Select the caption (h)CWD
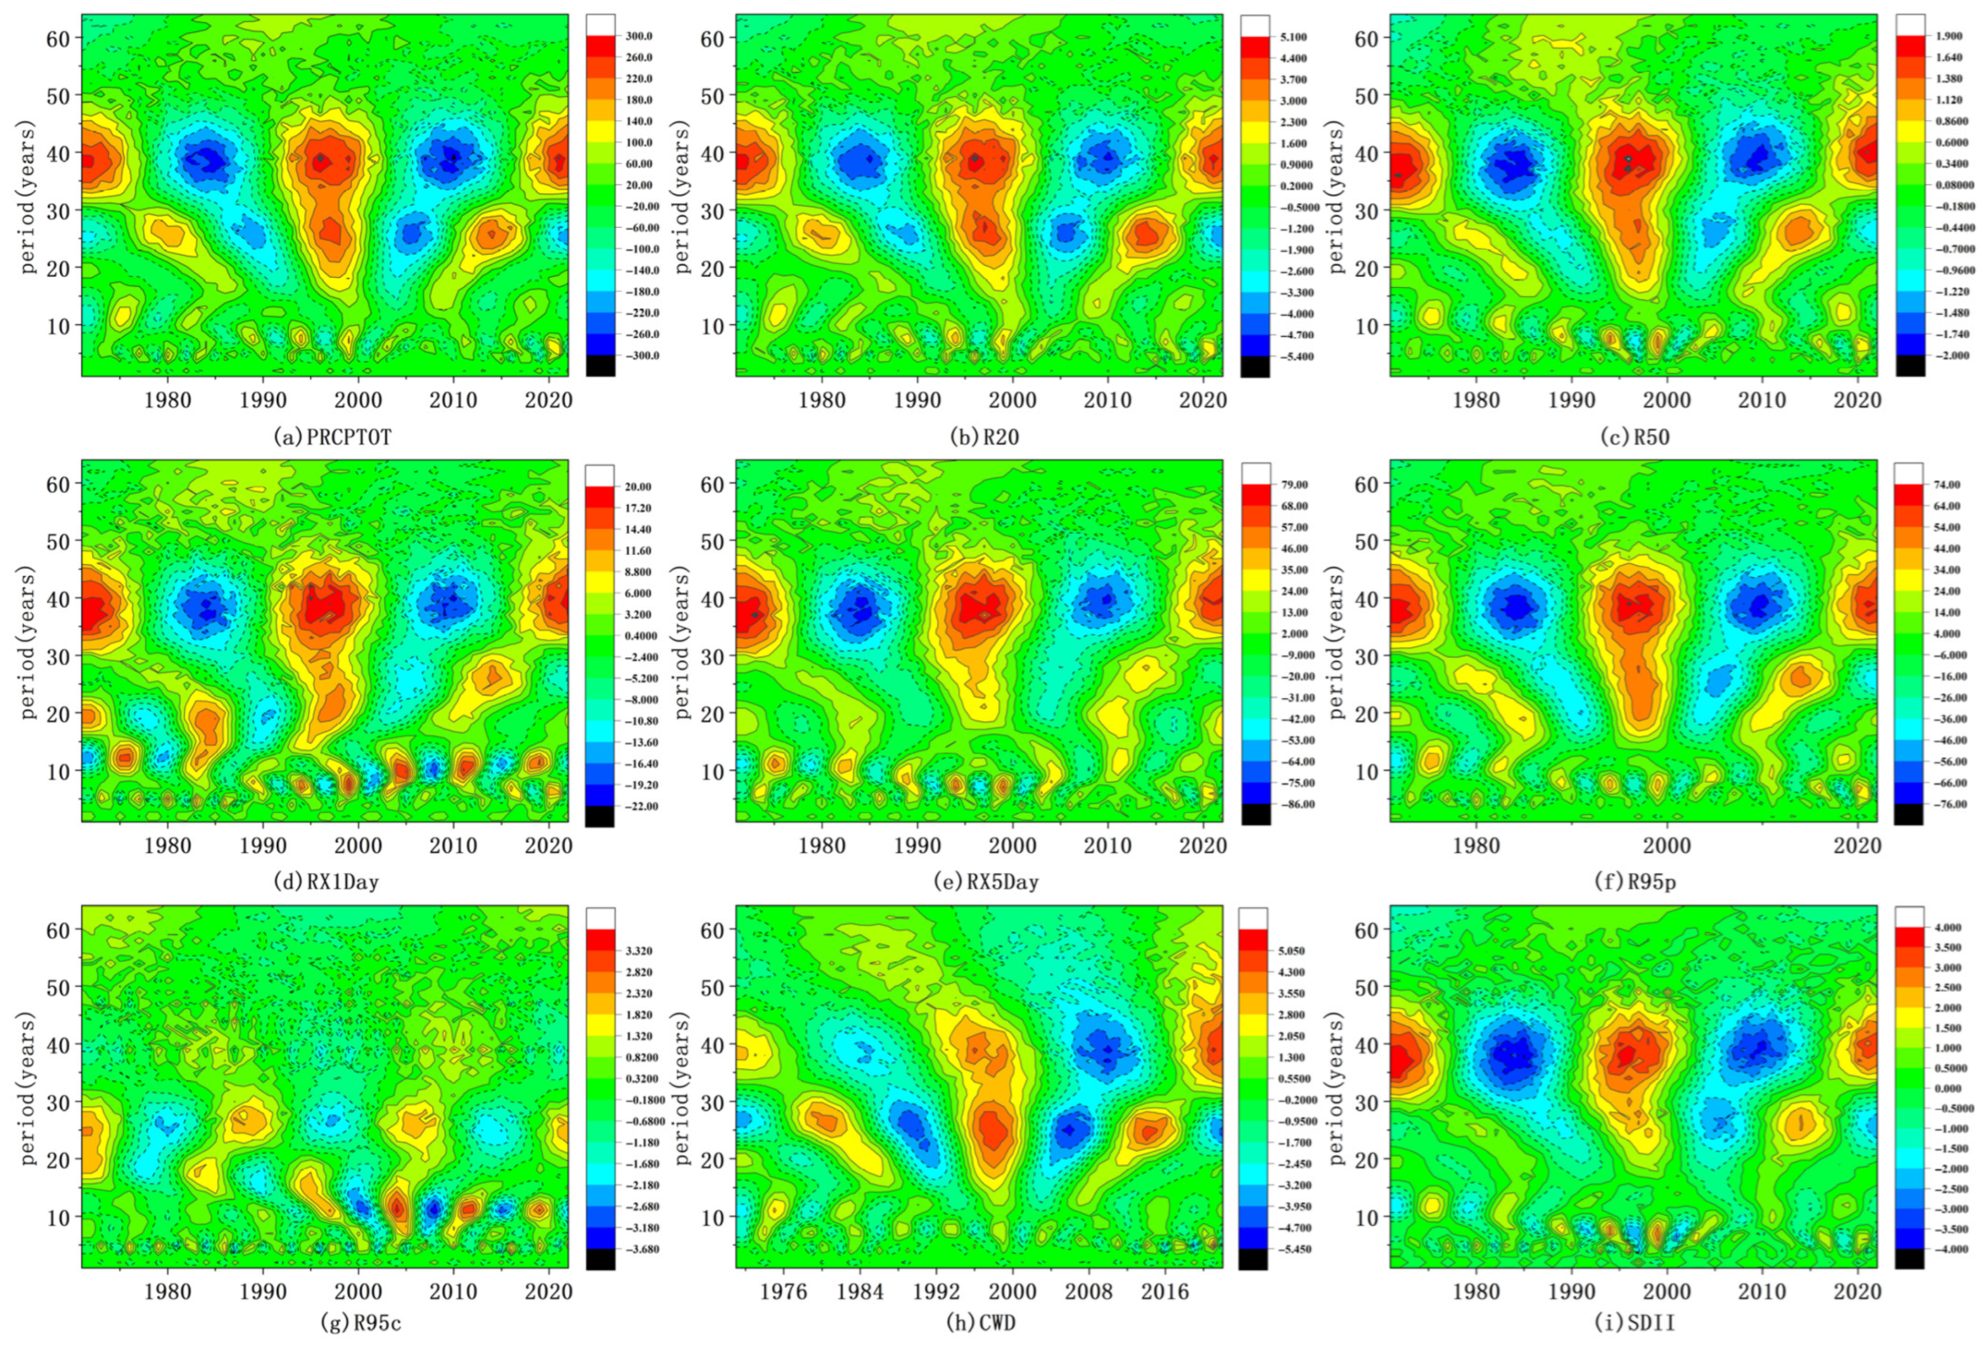(x=981, y=1323)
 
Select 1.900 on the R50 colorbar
(x=1948, y=37)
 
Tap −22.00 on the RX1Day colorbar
(x=641, y=805)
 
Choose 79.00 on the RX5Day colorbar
(x=1295, y=485)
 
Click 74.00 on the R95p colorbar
(x=1949, y=485)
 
